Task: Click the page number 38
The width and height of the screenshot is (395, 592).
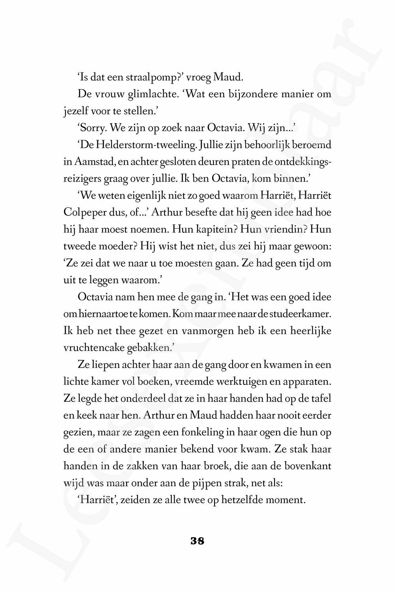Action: (x=197, y=541)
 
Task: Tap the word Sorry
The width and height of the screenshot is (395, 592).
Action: (x=92, y=128)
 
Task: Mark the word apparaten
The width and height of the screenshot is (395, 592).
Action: (x=309, y=382)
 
